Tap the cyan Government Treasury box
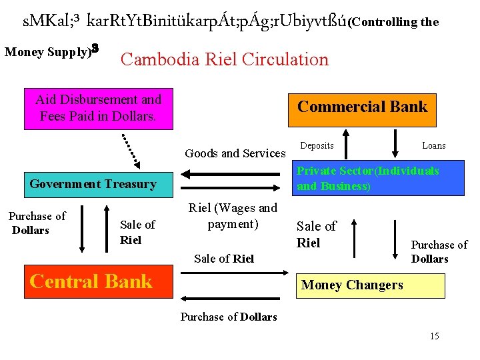[93, 184]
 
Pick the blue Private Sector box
[369, 178]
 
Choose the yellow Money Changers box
[369, 285]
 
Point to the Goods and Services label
[235, 153]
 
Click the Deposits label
[317, 145]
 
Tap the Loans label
[433, 145]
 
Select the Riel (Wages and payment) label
[233, 216]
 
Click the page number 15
[434, 336]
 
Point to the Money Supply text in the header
[47, 51]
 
